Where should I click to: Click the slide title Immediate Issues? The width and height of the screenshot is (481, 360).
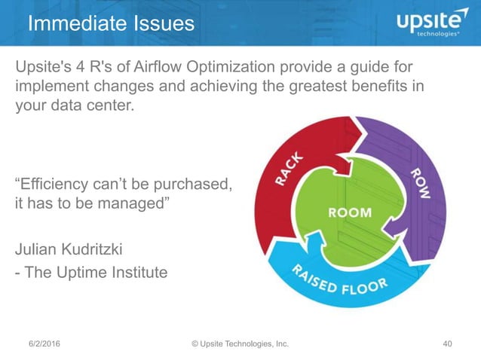pyautogui.click(x=111, y=23)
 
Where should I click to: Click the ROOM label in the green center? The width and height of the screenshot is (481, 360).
pyautogui.click(x=349, y=212)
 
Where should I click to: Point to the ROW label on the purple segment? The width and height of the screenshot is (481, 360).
pyautogui.click(x=420, y=185)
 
